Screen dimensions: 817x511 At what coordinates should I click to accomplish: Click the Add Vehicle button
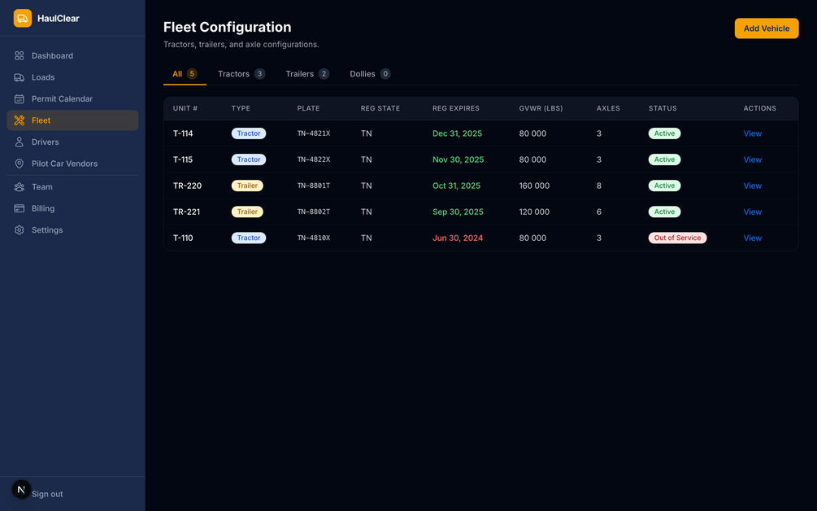(x=766, y=28)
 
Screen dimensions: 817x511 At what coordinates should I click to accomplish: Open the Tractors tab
(x=241, y=74)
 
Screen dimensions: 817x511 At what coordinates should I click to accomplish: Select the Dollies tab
(x=370, y=74)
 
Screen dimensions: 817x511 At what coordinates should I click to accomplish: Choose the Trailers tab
(x=307, y=74)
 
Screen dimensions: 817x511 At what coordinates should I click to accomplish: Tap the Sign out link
(x=47, y=494)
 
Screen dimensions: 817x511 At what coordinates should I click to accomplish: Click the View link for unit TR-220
(x=753, y=186)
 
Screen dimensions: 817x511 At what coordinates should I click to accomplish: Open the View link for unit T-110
(x=753, y=238)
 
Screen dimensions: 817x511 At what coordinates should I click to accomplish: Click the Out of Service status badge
(x=677, y=238)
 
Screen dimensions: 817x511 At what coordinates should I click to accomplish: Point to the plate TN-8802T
(x=314, y=212)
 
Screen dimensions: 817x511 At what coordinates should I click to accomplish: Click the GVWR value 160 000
(x=534, y=186)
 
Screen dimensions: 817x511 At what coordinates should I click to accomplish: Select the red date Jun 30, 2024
(x=458, y=238)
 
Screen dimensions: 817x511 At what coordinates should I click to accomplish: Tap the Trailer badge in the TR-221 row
(x=247, y=212)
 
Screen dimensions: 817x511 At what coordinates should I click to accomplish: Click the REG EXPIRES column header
(x=456, y=108)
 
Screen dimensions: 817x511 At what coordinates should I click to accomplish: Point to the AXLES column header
(x=608, y=108)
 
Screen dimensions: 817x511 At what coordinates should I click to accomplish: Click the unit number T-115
(x=183, y=159)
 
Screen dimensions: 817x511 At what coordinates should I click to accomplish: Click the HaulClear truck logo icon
(x=23, y=18)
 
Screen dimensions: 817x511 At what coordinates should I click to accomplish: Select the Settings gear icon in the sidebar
(x=20, y=230)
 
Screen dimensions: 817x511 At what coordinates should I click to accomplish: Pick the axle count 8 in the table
(x=599, y=186)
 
